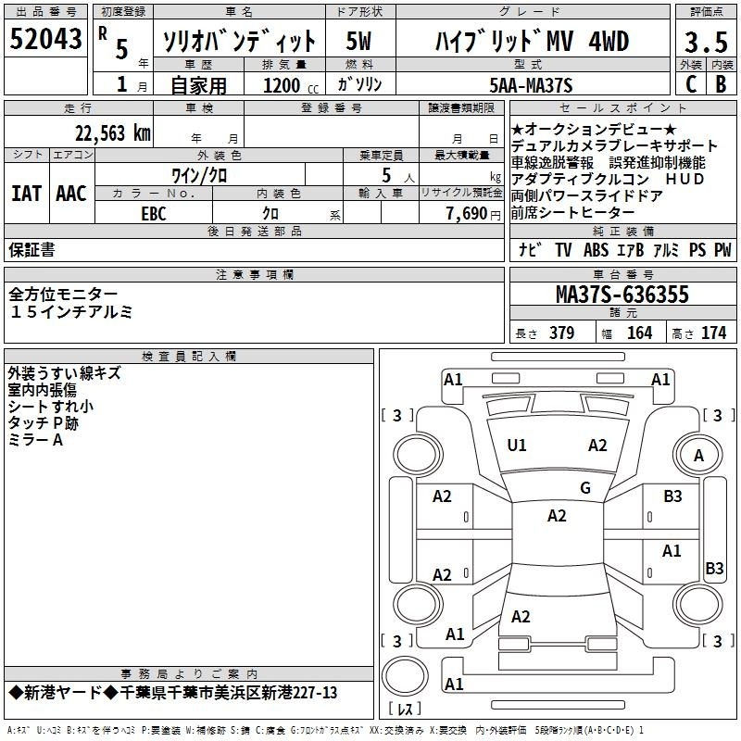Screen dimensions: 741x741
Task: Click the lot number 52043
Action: pos(45,39)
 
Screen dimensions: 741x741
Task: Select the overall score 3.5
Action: pos(706,43)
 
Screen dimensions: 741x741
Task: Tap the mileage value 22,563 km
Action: pos(112,133)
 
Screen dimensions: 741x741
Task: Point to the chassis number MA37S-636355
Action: pos(622,295)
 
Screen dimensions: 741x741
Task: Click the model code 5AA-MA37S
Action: pos(531,85)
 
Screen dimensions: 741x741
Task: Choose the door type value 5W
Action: pos(358,41)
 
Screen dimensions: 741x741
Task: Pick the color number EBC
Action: pos(154,214)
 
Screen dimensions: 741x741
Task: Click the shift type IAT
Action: pos(26,194)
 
